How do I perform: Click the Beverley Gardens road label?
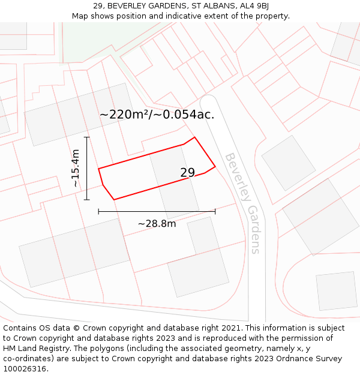(242, 203)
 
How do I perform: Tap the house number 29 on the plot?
(188, 173)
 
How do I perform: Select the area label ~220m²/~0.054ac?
(157, 114)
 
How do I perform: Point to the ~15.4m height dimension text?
(75, 169)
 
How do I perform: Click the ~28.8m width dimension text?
(157, 224)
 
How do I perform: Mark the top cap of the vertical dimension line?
(87, 137)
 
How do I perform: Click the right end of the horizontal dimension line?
(215, 211)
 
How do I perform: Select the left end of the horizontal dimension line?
(98, 211)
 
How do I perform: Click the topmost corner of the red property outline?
(194, 137)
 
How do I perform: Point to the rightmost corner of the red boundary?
(215, 166)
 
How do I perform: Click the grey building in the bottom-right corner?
(336, 291)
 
